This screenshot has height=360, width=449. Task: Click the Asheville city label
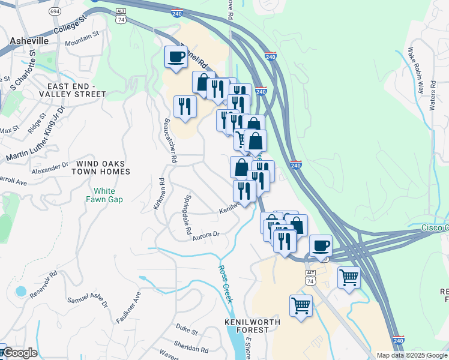point(29,40)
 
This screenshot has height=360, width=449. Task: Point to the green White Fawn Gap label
point(107,195)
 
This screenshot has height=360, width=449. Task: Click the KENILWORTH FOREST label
point(248,326)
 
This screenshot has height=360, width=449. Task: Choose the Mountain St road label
point(82,40)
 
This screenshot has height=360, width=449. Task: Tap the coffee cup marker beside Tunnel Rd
point(176,57)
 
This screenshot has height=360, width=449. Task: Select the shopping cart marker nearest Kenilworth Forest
point(301,305)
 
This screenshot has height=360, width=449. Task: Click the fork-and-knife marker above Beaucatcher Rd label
point(185,107)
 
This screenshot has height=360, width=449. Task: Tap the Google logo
point(19,353)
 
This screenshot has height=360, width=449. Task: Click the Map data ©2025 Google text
point(412,355)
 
